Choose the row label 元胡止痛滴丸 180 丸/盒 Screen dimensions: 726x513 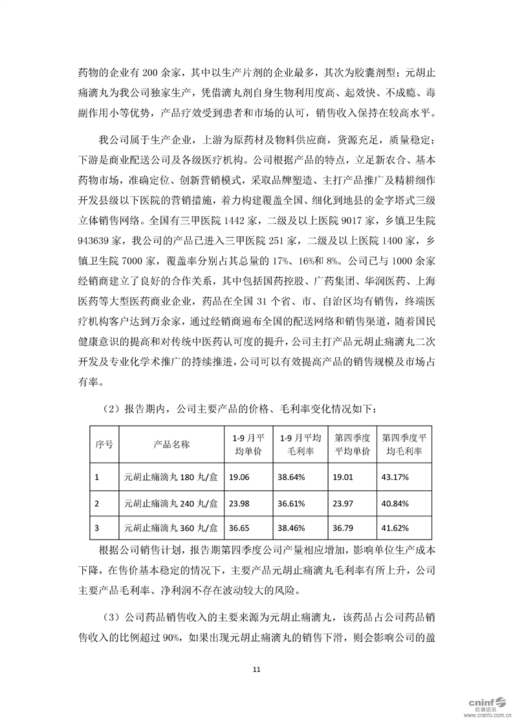tap(171, 477)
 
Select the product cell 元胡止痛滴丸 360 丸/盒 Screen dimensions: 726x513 tap(171, 529)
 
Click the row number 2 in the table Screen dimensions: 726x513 tap(97, 503)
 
